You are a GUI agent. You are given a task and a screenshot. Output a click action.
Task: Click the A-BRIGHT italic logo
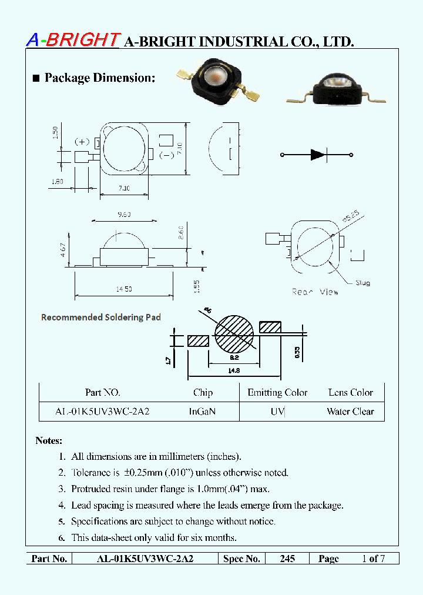[x=73, y=39]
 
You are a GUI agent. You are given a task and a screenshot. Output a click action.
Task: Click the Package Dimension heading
[x=99, y=78]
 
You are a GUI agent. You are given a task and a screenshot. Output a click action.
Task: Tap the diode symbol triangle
[x=317, y=155]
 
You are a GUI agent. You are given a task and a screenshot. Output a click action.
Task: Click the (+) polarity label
[x=82, y=142]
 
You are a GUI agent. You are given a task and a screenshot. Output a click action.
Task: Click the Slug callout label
[x=362, y=283]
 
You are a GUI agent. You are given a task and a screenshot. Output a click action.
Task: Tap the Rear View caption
[x=315, y=292]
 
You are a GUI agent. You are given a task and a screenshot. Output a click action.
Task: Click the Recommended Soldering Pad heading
[x=100, y=317]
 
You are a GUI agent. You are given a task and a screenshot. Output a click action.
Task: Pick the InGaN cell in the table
[x=202, y=412]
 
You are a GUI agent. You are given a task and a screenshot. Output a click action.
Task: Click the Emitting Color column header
[x=277, y=393]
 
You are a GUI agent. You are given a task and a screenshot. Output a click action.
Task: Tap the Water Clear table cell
[x=350, y=412]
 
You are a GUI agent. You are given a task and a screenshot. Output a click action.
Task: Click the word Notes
[x=49, y=440]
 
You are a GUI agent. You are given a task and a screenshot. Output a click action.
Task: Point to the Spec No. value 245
[x=287, y=559]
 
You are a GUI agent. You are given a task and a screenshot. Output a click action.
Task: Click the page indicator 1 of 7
[x=373, y=559]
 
